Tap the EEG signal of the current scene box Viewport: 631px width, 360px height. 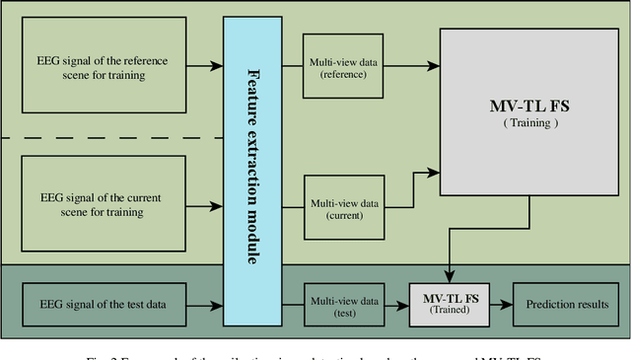click(x=103, y=205)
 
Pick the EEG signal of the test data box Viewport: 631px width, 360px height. click(x=103, y=303)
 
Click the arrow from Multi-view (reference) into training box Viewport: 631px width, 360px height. click(x=412, y=67)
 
